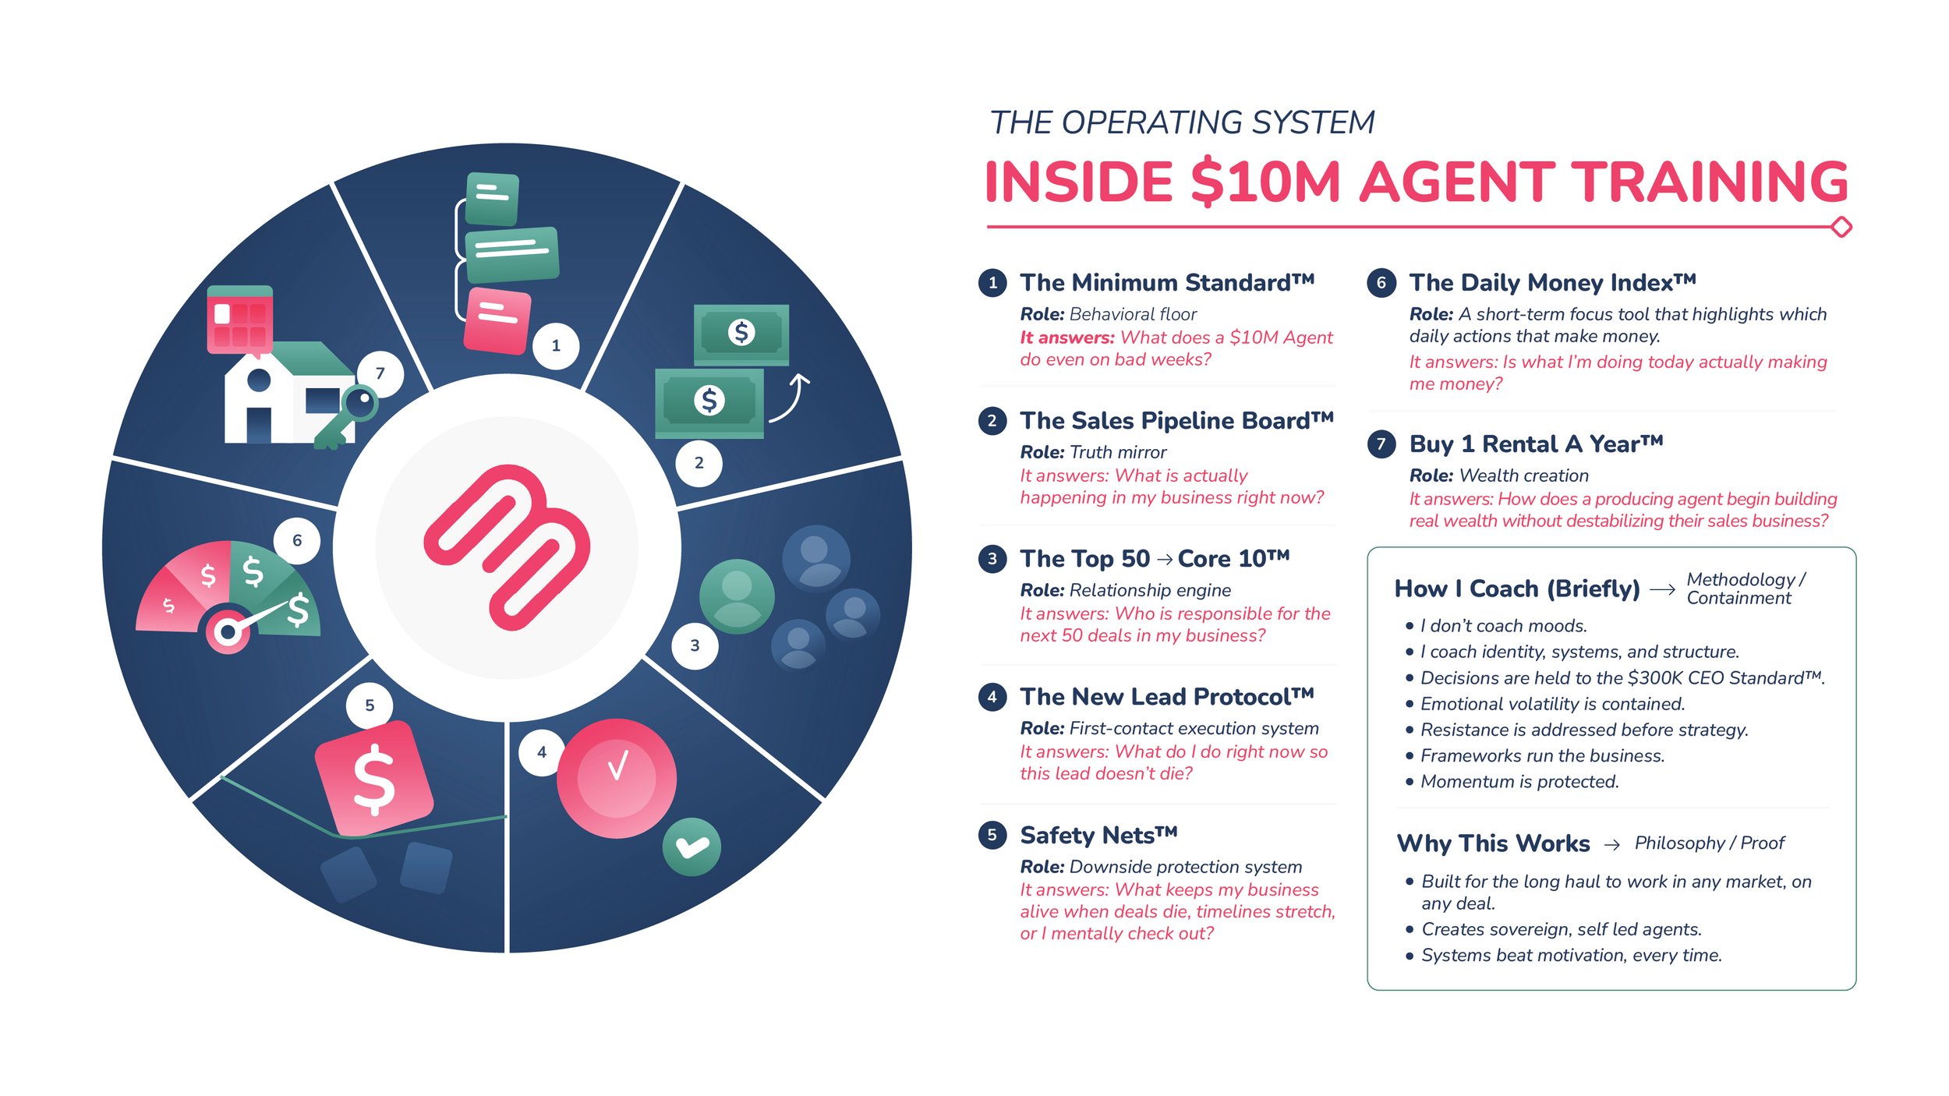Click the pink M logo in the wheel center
tap(507, 547)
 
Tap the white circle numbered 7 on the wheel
tap(380, 373)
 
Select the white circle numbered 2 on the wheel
tap(699, 463)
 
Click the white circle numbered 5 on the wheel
tap(370, 705)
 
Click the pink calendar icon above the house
tap(239, 320)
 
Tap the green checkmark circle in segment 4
tap(692, 847)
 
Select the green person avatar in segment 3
tap(737, 596)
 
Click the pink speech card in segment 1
tap(497, 320)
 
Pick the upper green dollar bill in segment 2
tap(741, 334)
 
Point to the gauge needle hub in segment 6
tap(228, 631)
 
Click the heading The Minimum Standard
tap(1166, 282)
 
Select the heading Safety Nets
tap(1098, 835)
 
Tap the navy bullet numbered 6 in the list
tap(1381, 282)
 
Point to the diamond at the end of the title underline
tap(1841, 227)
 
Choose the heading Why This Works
tap(1493, 843)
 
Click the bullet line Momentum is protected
tap(1519, 782)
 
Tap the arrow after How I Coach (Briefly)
tap(1662, 589)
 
